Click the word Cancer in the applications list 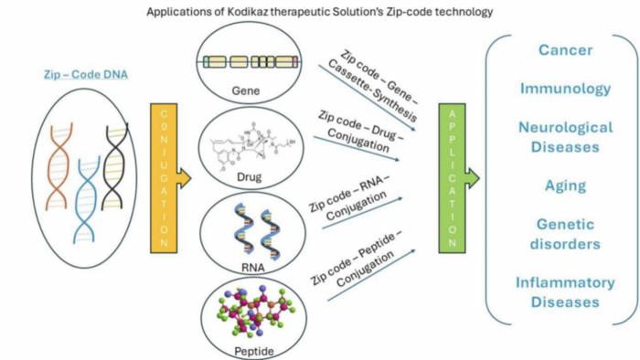pos(565,50)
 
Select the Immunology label pos(565,89)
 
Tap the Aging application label pos(565,185)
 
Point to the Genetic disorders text pos(565,234)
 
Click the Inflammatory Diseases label pos(565,292)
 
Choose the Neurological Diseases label pos(565,136)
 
